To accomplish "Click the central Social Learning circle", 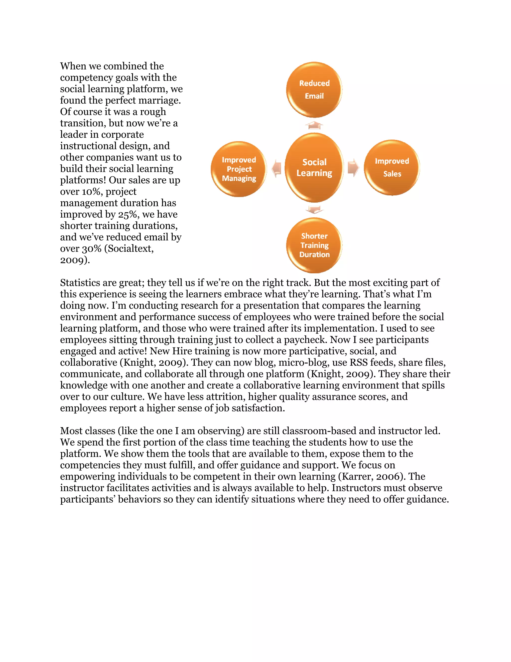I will click(314, 168).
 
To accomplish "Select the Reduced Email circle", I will click(314, 90).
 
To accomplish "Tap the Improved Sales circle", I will click(392, 168).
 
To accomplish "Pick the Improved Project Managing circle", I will click(239, 169).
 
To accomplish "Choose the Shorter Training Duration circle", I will click(314, 245).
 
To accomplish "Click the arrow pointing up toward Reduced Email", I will click(314, 125).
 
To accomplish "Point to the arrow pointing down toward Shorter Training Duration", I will click(314, 209).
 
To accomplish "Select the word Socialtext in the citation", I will click(130, 249).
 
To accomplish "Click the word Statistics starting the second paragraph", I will click(80, 283).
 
